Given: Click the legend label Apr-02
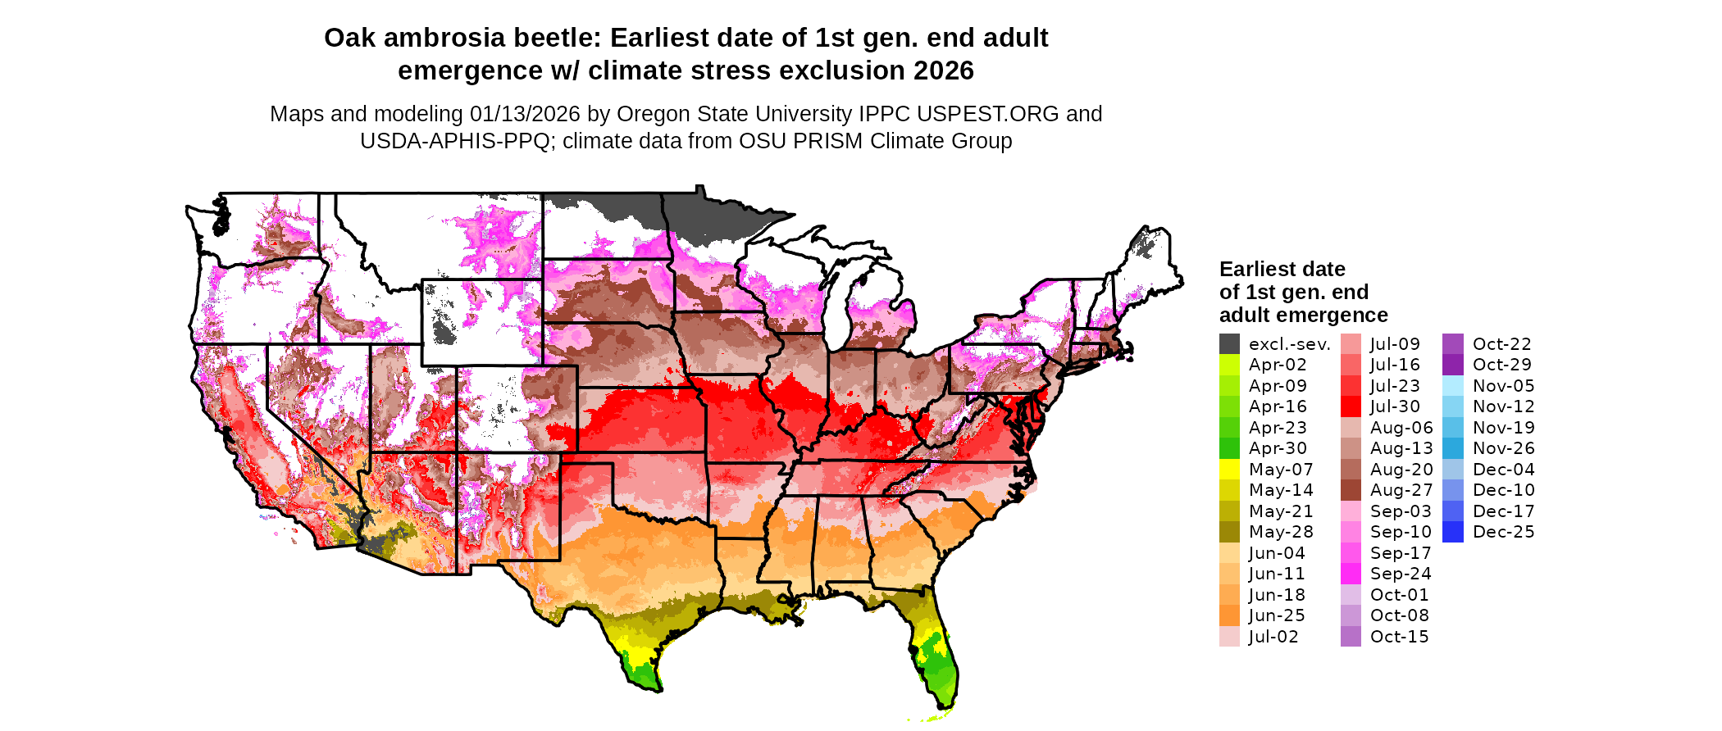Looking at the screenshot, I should (1278, 365).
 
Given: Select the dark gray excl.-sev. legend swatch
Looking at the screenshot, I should (1229, 344).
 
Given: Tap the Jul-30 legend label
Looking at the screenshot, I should (1395, 406).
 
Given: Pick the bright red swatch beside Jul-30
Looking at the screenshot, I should (1351, 406).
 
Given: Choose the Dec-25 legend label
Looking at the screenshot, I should (1503, 532).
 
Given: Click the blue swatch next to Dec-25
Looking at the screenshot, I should (1452, 532).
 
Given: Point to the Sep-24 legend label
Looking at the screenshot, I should (1401, 574).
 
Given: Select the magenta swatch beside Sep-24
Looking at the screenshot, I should (1351, 574).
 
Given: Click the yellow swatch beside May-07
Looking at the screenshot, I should (1229, 470).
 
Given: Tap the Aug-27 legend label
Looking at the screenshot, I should (1401, 490).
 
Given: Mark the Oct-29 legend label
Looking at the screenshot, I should (1501, 365).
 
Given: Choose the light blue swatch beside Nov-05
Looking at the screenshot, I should (1452, 386).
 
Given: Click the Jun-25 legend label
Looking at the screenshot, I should (1277, 615).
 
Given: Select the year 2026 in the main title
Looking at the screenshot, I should (943, 70).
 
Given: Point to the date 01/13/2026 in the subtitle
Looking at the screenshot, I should (525, 114).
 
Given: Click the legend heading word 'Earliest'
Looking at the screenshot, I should (1255, 269).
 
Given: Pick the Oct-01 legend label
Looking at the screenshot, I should (1399, 595).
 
